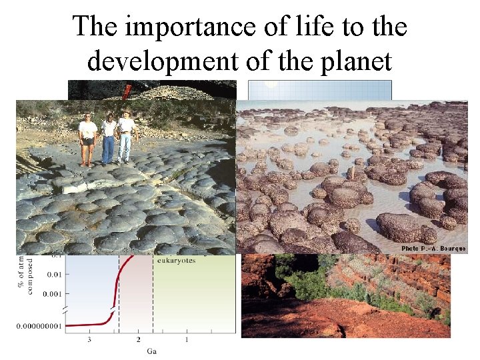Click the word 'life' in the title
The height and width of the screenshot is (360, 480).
tap(303, 27)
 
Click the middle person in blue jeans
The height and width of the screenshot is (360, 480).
tap(108, 138)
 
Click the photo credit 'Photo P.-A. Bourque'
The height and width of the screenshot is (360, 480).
tap(433, 249)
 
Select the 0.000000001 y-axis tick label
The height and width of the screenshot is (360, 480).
tap(38, 325)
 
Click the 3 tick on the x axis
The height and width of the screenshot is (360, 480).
tap(90, 341)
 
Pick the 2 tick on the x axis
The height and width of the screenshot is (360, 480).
tap(139, 341)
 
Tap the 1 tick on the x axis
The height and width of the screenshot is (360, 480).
tap(187, 341)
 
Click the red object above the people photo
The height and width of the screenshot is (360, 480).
tap(126, 89)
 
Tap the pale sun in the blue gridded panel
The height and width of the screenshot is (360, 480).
tap(270, 85)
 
